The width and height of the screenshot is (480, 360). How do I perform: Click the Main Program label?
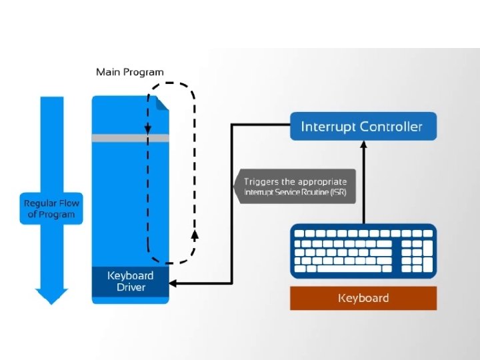tap(130, 72)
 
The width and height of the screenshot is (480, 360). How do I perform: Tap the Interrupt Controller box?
tap(363, 127)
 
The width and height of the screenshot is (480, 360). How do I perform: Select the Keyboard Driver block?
tap(131, 281)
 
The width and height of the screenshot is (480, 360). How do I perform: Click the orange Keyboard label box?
tap(363, 298)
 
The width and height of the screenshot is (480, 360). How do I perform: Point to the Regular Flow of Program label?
tap(51, 209)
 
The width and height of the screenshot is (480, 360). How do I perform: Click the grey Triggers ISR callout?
tap(295, 187)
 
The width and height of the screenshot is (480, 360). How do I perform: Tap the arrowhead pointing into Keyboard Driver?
tap(173, 283)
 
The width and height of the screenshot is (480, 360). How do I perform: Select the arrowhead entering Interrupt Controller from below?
tap(363, 145)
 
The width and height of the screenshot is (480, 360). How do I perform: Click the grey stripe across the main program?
tap(131, 138)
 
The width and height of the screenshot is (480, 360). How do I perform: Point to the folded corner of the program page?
tap(162, 103)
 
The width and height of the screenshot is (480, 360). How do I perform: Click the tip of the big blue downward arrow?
tap(51, 305)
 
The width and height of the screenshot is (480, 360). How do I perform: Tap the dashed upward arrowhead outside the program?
tap(195, 235)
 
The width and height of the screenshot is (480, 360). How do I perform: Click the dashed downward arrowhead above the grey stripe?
tap(148, 129)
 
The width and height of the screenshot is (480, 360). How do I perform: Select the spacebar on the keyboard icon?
tap(349, 269)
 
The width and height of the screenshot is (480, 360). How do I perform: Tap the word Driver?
tap(131, 287)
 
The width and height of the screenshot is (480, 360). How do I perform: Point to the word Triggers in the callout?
tap(261, 182)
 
